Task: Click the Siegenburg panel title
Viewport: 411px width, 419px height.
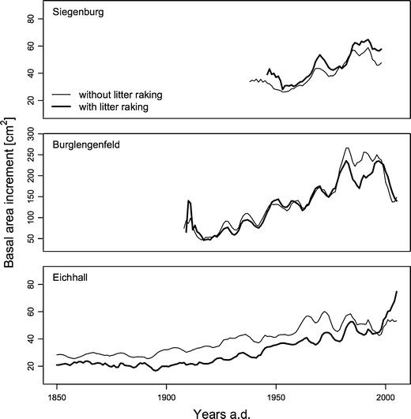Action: pos(79,13)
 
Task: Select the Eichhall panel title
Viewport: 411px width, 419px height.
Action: pos(74,278)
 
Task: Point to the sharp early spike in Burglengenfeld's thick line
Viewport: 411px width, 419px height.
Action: pos(189,201)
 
